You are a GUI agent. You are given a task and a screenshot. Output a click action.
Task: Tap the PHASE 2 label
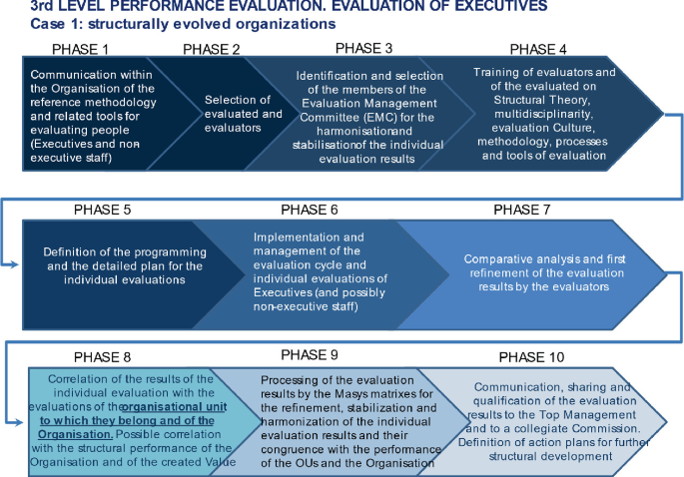tap(213, 49)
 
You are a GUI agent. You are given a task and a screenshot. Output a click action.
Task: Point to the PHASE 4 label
tap(538, 49)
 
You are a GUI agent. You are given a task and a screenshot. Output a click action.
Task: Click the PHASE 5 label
tap(104, 210)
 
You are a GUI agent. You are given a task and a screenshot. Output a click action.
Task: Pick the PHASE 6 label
tap(310, 210)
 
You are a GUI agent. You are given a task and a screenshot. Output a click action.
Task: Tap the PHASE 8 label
tap(104, 356)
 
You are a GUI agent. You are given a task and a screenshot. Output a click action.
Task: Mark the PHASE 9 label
tap(310, 354)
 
